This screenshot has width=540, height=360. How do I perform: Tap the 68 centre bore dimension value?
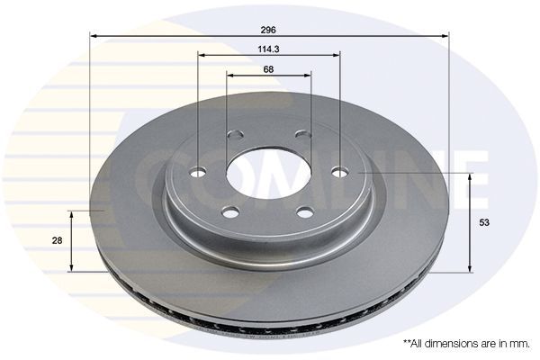tap(269, 68)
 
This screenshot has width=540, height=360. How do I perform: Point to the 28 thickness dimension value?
tap(56, 241)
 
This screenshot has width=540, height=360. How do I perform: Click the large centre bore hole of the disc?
tap(268, 174)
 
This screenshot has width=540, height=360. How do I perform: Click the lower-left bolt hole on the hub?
tap(229, 212)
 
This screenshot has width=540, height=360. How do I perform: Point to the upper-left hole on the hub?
tap(236, 136)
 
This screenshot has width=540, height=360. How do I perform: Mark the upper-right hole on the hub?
tap(300, 135)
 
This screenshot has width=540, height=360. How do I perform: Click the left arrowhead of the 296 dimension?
tap(94, 36)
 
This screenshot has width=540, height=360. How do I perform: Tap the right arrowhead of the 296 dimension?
tap(445, 36)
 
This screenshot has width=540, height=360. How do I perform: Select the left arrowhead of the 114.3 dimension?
tap(202, 56)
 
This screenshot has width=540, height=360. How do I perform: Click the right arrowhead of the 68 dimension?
tap(307, 75)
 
